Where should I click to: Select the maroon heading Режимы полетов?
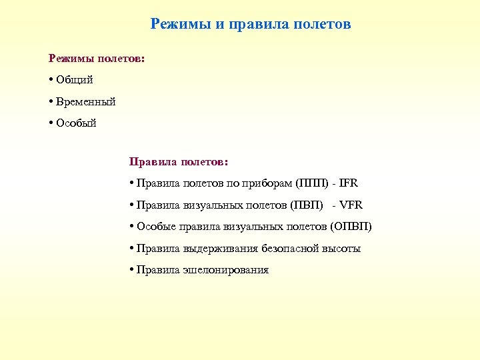(x=96, y=59)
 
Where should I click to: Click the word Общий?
(x=75, y=80)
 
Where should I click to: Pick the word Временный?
(x=86, y=101)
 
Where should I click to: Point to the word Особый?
(x=77, y=123)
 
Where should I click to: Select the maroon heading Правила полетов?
(x=178, y=161)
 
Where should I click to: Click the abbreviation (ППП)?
(x=311, y=183)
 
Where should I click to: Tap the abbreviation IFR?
(x=348, y=183)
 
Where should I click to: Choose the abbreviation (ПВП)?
(x=308, y=205)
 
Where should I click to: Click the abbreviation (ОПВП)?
(x=351, y=227)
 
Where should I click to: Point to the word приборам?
(x=269, y=183)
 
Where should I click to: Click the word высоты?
(x=341, y=249)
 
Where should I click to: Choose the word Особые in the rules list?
(x=155, y=227)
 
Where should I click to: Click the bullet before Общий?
(x=51, y=80)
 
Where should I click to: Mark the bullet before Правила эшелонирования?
(x=132, y=270)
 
